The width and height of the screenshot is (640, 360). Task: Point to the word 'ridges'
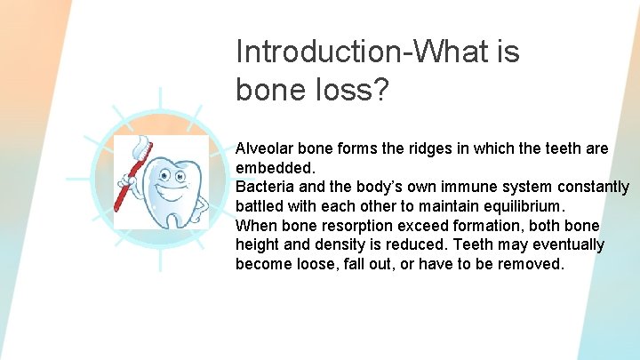pyautogui.click(x=430, y=148)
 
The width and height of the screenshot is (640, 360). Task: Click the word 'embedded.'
pyautogui.click(x=273, y=167)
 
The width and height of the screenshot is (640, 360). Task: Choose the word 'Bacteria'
pyautogui.click(x=264, y=187)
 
